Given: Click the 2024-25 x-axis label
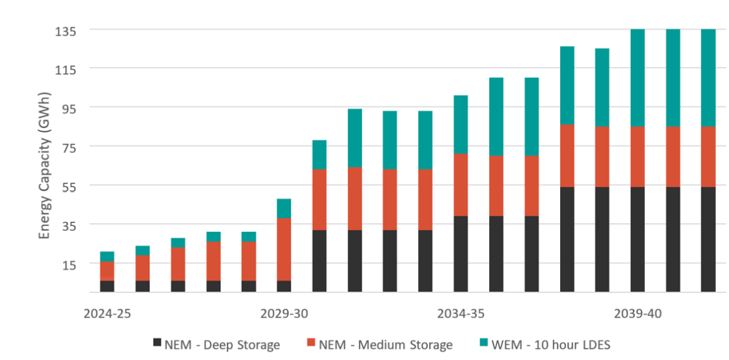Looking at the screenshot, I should [x=107, y=313].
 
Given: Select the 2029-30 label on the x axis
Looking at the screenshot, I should [x=284, y=313].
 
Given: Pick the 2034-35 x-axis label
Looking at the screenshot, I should [x=461, y=313].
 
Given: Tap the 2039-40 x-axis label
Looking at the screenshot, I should [x=638, y=313].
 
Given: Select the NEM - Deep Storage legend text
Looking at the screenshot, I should [x=222, y=344].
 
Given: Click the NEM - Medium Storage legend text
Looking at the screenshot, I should [x=385, y=344].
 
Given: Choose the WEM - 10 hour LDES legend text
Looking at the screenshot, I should [x=547, y=344].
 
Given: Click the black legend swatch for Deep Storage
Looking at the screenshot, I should [x=156, y=342].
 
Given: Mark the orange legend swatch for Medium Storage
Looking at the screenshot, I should [x=312, y=342].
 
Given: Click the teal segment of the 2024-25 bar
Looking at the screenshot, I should [x=107, y=256].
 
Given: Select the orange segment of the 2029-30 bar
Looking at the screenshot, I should [x=284, y=249].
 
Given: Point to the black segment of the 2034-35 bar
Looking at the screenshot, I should [x=461, y=254].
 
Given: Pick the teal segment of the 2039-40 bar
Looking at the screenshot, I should [x=638, y=78].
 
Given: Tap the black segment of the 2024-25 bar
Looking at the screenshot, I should [x=107, y=286].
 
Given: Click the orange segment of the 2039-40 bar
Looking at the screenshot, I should [x=638, y=156].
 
